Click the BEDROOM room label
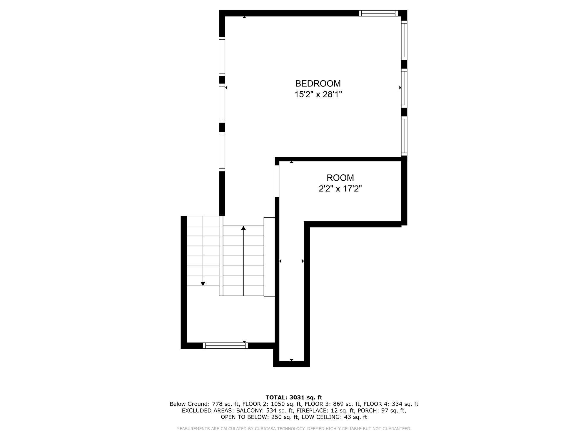[x=318, y=83]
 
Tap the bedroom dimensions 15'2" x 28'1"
[x=318, y=94]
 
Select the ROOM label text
[x=340, y=178]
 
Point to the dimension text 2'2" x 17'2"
[x=340, y=188]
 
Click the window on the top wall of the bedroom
[x=378, y=13]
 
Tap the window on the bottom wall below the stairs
[x=225, y=346]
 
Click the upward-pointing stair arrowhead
[x=243, y=228]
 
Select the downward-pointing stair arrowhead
[x=203, y=283]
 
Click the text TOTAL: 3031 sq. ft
[x=294, y=397]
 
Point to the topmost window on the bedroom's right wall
[x=404, y=40]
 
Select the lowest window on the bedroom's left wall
[x=222, y=152]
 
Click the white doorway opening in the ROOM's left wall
[x=277, y=181]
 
